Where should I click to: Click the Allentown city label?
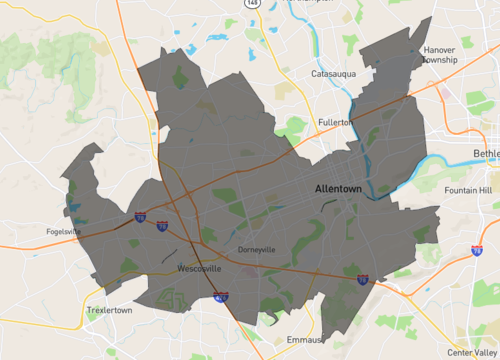pyautogui.click(x=337, y=188)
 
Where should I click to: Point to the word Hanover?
pyautogui.click(x=439, y=48)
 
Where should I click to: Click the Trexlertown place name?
pyautogui.click(x=108, y=311)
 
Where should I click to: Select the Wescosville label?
pyautogui.click(x=198, y=269)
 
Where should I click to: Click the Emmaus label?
pyautogui.click(x=302, y=339)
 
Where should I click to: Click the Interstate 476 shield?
pyautogui.click(x=221, y=296)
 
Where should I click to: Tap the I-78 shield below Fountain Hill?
pyautogui.click(x=477, y=249)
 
